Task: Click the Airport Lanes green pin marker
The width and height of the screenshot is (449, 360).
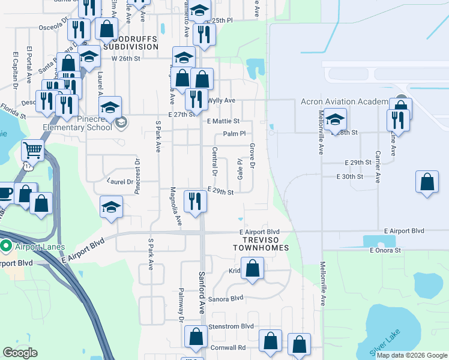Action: (x=6, y=246)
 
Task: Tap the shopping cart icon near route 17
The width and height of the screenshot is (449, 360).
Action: (x=33, y=150)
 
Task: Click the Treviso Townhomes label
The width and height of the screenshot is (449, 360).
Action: (x=261, y=243)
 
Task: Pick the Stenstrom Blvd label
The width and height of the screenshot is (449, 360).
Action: (x=231, y=326)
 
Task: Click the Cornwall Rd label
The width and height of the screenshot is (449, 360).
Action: (x=228, y=347)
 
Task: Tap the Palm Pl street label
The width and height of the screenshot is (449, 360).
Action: (x=234, y=134)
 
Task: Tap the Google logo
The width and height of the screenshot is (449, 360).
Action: (x=20, y=353)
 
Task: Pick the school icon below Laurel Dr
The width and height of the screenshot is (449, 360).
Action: (x=111, y=206)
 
